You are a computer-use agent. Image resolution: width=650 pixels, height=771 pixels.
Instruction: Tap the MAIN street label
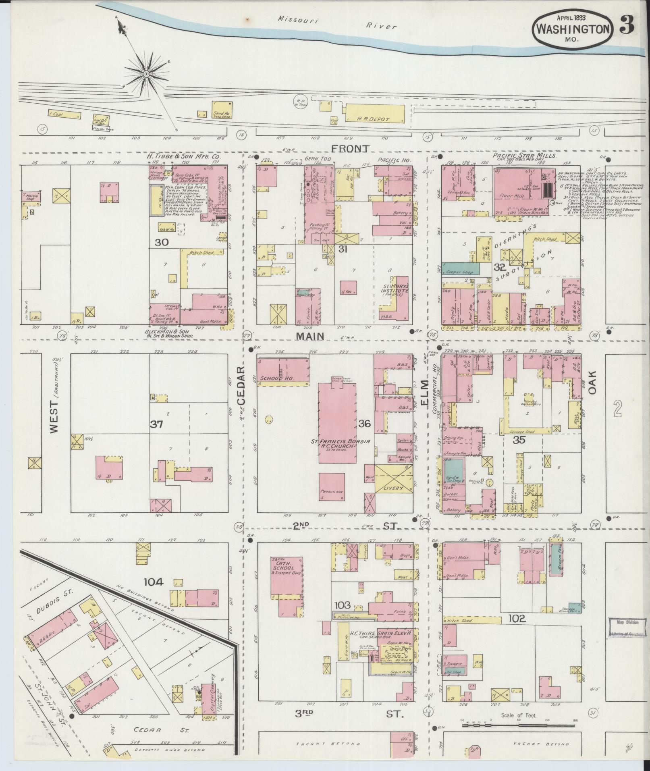pyautogui.click(x=311, y=335)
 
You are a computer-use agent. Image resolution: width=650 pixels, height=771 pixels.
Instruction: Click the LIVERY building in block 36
pyautogui.click(x=390, y=478)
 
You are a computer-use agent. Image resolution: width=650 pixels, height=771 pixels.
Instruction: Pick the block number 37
pyautogui.click(x=156, y=424)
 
